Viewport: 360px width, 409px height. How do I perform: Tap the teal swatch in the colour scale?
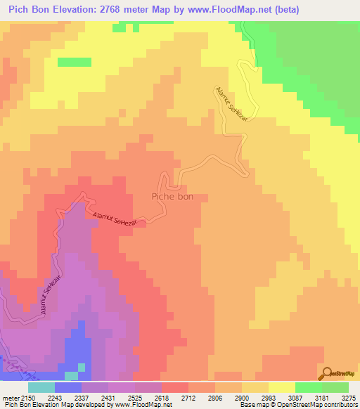pyautogui.click(x=41, y=387)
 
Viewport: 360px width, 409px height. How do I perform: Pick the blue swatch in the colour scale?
pyautogui.click(x=67, y=387)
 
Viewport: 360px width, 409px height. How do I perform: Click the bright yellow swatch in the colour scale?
pyautogui.click(x=281, y=387)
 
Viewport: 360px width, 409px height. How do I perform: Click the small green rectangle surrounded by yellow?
pyautogui.click(x=75, y=62)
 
